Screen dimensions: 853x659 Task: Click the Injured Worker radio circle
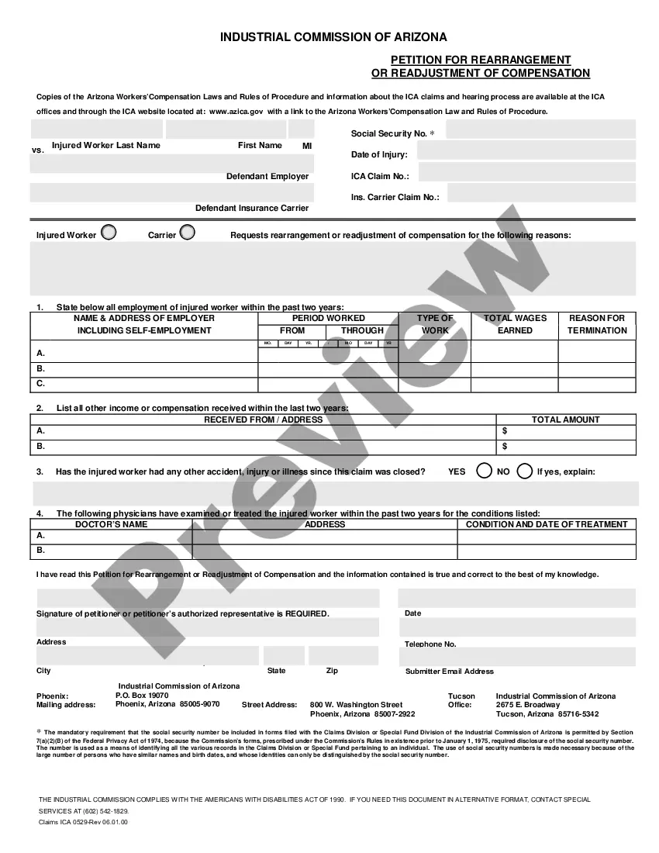tap(109, 232)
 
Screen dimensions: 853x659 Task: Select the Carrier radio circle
tap(187, 232)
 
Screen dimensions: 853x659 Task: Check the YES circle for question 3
tap(484, 471)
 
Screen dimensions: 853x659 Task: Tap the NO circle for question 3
tap(525, 471)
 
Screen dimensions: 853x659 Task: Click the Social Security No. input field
tap(540, 130)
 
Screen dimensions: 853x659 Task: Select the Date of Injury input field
tap(526, 150)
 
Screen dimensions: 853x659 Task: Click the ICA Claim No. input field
tap(526, 172)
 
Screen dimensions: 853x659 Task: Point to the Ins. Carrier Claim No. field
tap(541, 193)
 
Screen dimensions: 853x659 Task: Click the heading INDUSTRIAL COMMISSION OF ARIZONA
tap(333, 37)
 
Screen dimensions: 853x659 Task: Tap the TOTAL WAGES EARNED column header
tap(515, 324)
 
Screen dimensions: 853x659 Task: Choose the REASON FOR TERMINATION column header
tap(597, 324)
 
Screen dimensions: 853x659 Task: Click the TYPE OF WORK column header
tap(435, 324)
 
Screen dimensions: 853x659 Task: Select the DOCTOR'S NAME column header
tap(111, 524)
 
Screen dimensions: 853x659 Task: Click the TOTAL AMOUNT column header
tap(565, 420)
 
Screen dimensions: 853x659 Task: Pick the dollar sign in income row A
tap(505, 430)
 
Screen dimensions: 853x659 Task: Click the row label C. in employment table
tap(41, 384)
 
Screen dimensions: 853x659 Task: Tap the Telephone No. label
tap(430, 644)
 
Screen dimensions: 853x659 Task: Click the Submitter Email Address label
tap(450, 672)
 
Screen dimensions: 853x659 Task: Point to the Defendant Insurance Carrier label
tap(252, 208)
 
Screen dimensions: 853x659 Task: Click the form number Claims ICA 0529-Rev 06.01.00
tap(83, 822)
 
